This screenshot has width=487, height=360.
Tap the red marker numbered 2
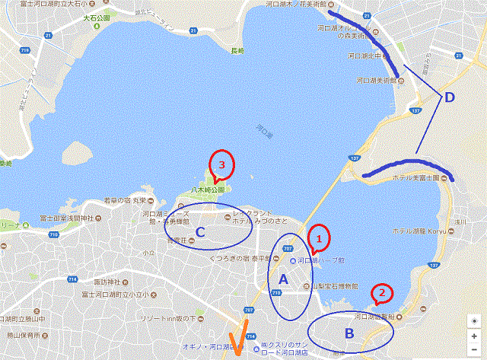tap(382, 292)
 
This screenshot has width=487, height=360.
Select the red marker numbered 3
tap(221, 164)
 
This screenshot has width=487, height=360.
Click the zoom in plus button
tap(474, 336)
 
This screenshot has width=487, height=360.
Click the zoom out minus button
tap(474, 350)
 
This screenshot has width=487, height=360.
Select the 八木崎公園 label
tap(207, 189)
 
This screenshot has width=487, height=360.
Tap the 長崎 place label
tap(237, 51)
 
